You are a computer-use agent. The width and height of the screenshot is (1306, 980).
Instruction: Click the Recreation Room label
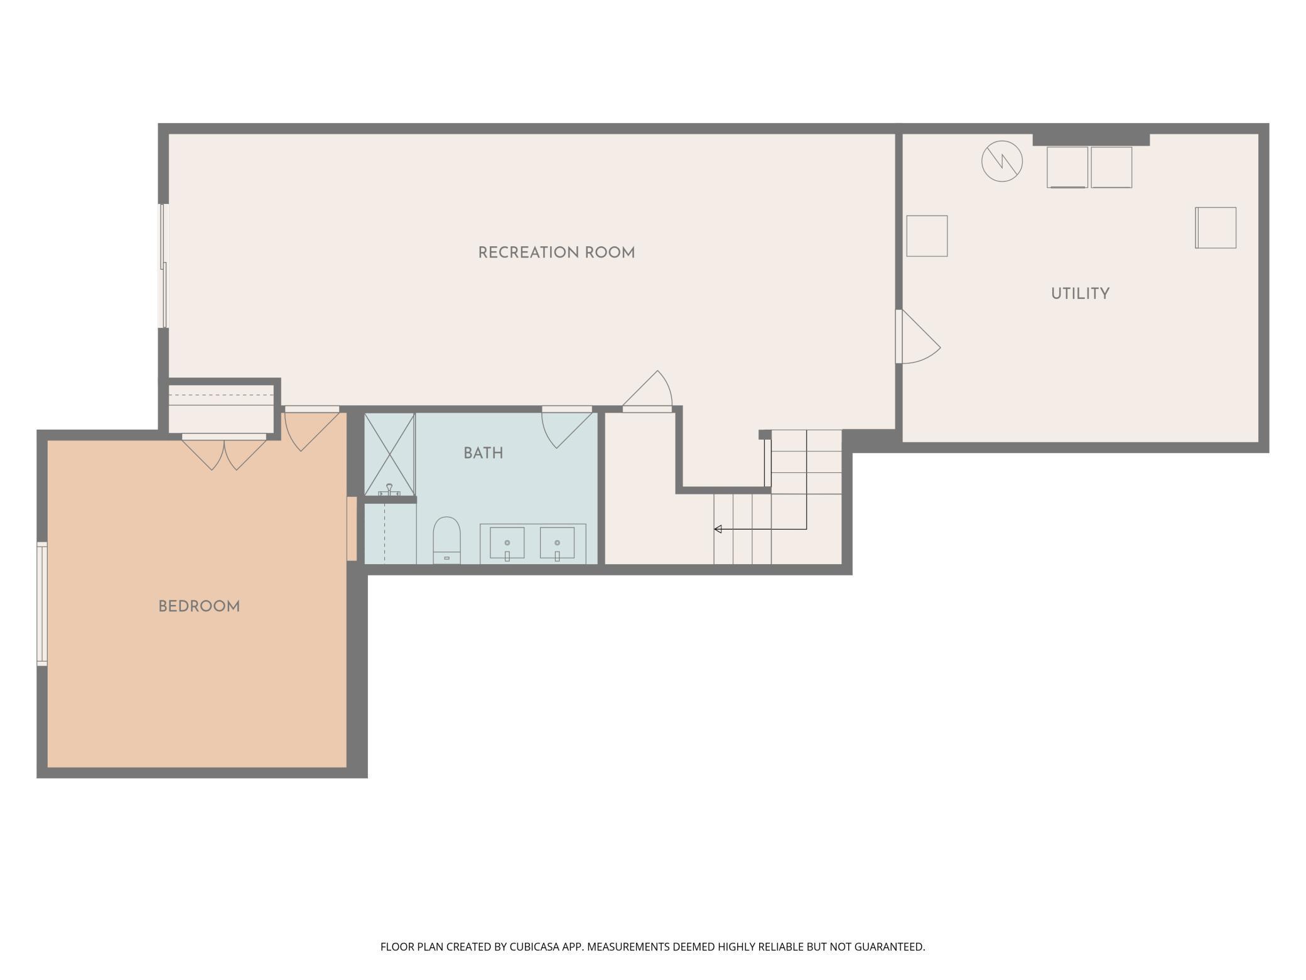(556, 253)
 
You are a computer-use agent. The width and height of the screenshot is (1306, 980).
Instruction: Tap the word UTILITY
(1080, 293)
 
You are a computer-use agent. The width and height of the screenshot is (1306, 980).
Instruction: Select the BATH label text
(483, 453)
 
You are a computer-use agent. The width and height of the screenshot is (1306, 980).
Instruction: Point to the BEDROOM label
(199, 606)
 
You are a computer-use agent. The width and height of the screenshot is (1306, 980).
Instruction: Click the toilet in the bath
(446, 540)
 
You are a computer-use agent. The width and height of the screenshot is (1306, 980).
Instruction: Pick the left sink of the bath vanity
(507, 543)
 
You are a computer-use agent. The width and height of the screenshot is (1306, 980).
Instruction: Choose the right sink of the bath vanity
(557, 543)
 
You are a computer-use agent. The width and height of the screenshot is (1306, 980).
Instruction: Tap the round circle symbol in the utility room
(1002, 161)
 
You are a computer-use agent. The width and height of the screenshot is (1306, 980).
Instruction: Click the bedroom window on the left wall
(42, 603)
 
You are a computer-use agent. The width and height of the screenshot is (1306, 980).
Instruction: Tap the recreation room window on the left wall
(163, 265)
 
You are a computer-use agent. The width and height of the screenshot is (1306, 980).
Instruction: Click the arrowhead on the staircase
(718, 529)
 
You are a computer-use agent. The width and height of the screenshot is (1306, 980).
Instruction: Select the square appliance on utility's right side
(1216, 227)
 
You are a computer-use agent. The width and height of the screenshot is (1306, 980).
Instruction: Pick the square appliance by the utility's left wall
(927, 236)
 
